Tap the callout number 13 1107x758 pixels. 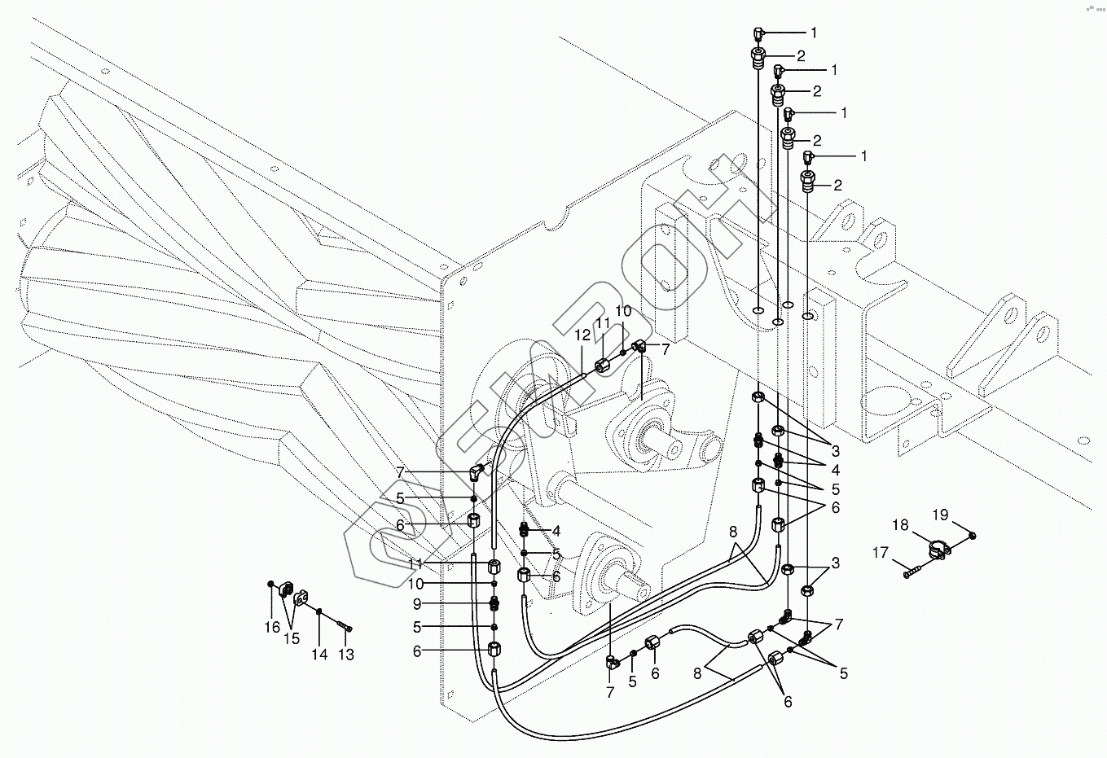(x=346, y=654)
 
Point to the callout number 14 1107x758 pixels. (x=320, y=654)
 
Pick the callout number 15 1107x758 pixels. (x=292, y=639)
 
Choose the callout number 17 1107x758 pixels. (x=881, y=553)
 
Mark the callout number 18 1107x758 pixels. (x=900, y=525)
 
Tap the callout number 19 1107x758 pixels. (x=941, y=514)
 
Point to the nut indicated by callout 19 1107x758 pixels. (x=974, y=534)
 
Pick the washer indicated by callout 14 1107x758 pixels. (x=320, y=612)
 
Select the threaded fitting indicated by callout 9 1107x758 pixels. (x=494, y=603)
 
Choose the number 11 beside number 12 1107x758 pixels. (x=602, y=323)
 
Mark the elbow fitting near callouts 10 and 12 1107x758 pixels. (x=640, y=348)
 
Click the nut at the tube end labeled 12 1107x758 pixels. (x=601, y=365)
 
